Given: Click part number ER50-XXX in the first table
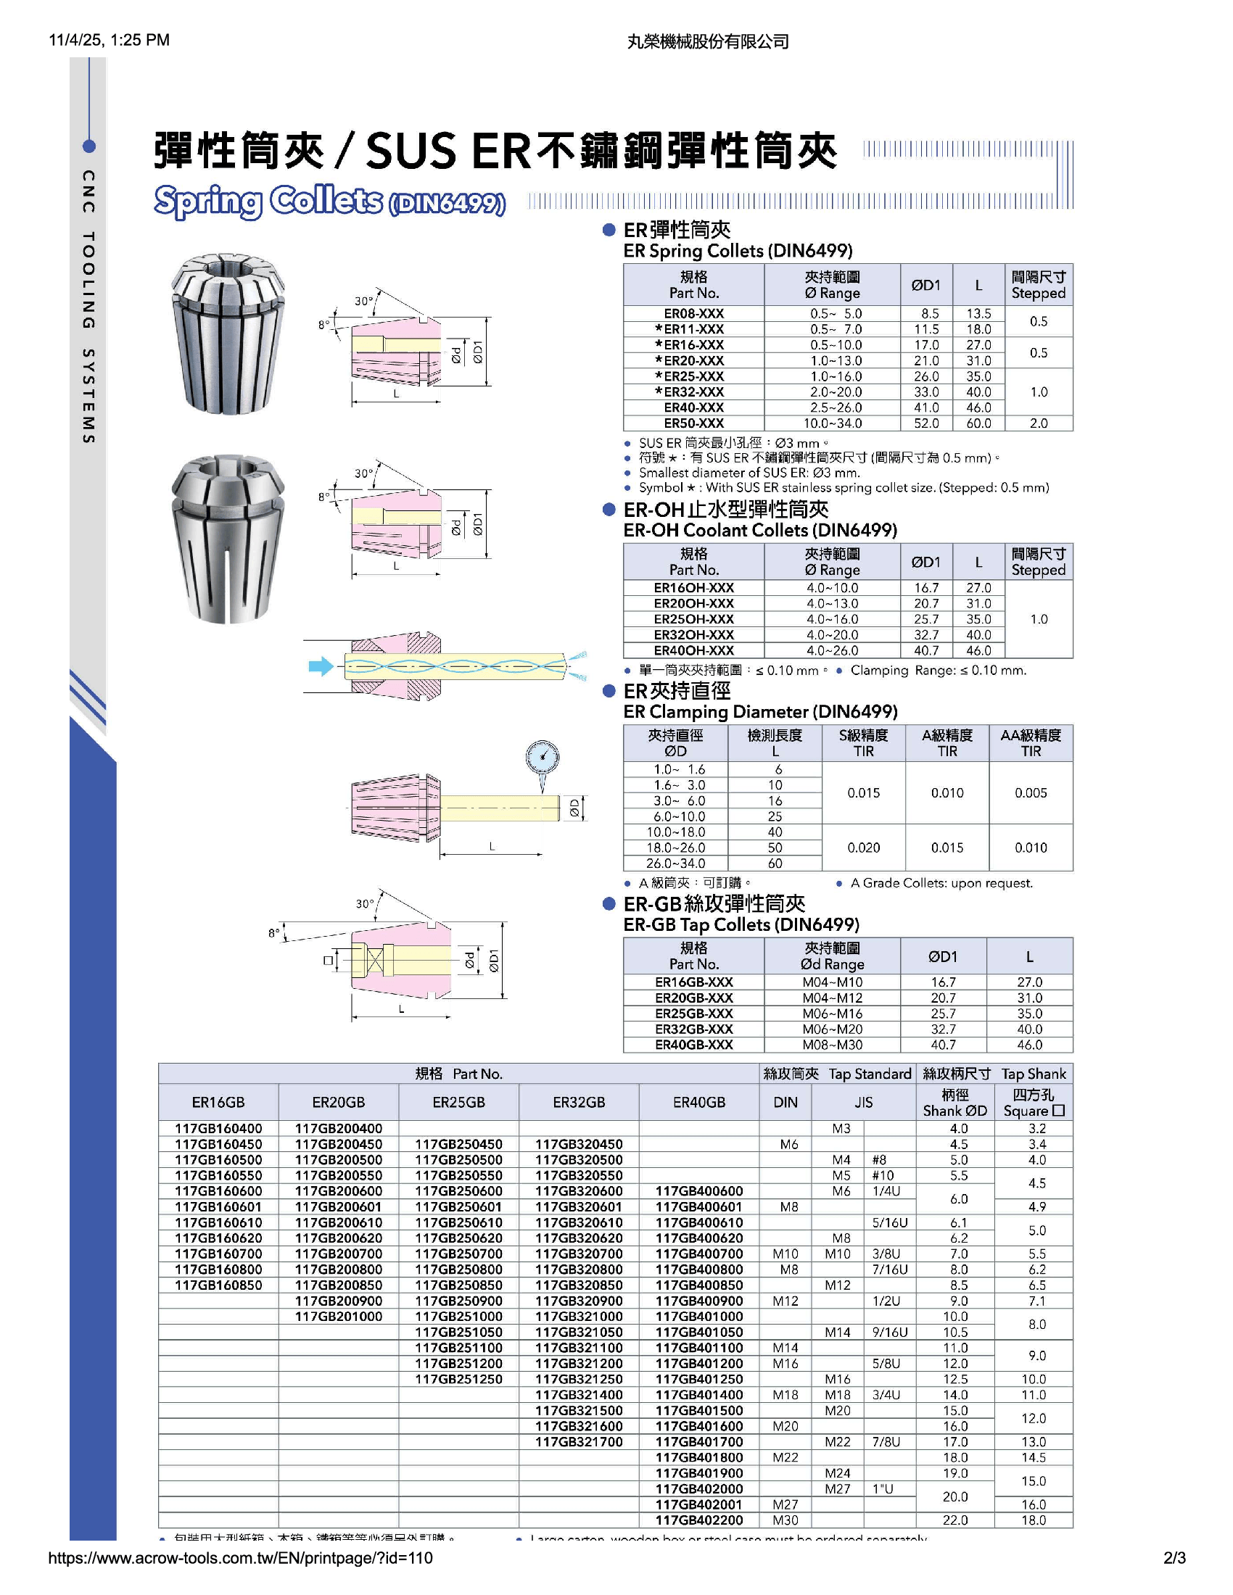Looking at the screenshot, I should coord(693,423).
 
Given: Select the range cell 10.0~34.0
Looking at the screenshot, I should coord(832,423).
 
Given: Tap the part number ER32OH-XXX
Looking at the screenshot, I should coord(693,634).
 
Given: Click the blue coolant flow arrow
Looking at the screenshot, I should coord(321,666).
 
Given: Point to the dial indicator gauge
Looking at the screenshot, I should coord(542,758).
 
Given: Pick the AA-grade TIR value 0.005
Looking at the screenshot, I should coord(1030,792).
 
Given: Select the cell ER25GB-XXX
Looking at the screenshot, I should coord(693,1014).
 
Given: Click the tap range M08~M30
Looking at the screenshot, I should coord(832,1045).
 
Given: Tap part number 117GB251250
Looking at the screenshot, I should coord(458,1379).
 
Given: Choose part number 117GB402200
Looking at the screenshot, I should coord(698,1520).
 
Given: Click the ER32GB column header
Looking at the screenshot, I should coord(579,1102).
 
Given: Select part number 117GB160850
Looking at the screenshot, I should coord(218,1285).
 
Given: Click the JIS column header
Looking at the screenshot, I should coord(863,1102).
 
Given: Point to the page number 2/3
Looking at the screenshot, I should coord(1174,1558).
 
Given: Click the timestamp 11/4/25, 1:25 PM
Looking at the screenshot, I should coord(109,40).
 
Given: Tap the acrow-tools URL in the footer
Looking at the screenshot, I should coord(240,1558).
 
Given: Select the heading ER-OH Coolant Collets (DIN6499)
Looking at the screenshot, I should coord(759,530).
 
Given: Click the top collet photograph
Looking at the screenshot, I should coord(227,333).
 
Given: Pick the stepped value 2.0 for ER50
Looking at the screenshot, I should coord(1038,423).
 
